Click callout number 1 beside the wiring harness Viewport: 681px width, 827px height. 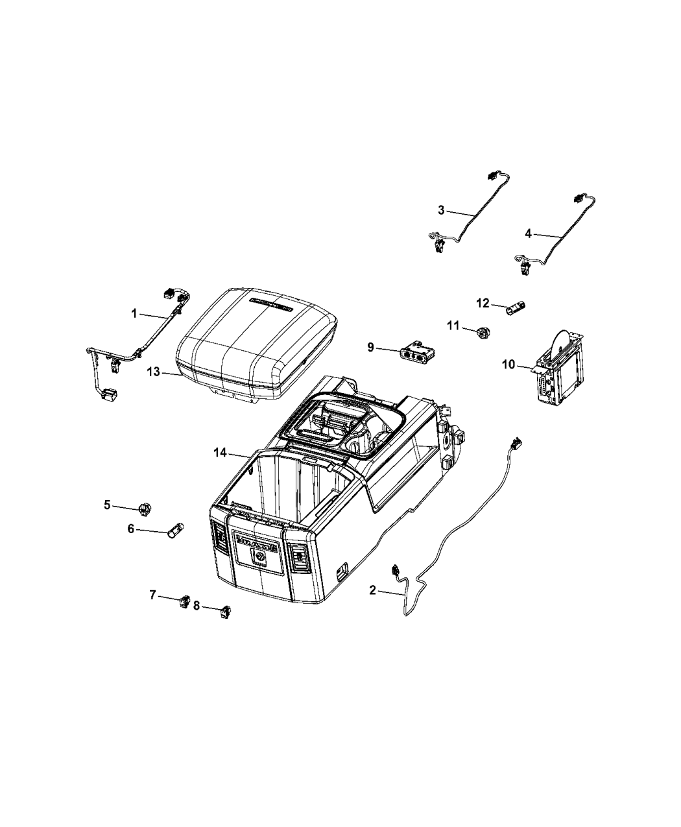point(134,313)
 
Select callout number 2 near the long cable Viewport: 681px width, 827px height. point(372,590)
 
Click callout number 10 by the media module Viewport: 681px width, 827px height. point(507,365)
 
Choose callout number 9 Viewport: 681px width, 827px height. point(370,348)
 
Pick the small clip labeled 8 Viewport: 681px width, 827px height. point(226,610)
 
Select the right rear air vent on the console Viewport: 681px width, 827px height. point(299,557)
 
